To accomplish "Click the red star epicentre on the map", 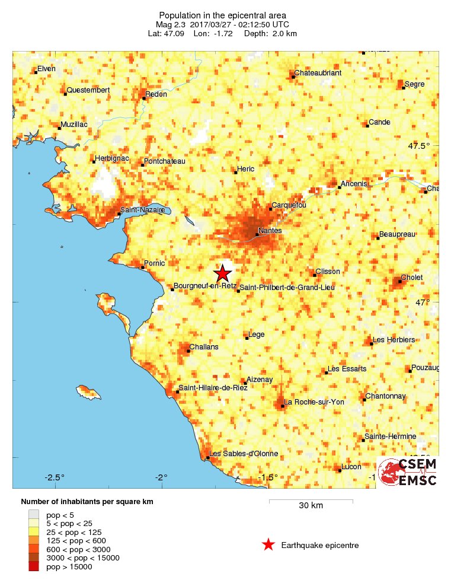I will click(x=222, y=273).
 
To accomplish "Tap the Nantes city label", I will click(x=270, y=230).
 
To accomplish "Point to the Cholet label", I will click(x=412, y=277).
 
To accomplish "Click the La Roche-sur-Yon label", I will click(x=315, y=402).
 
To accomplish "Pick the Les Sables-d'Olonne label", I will click(x=244, y=454).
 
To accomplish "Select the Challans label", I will click(x=204, y=347).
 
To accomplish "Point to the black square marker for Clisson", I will click(x=314, y=275).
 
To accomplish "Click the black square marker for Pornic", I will click(x=142, y=267).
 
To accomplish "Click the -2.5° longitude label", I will click(x=55, y=477).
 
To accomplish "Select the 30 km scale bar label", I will click(x=311, y=506).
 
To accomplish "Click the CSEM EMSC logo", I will click(x=408, y=472).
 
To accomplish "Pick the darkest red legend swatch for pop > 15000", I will click(x=34, y=567).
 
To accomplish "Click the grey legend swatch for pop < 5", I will click(x=34, y=514).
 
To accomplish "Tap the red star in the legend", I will click(x=268, y=544).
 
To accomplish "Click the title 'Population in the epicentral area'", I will click(x=222, y=15).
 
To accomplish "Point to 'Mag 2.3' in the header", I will click(x=170, y=24).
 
